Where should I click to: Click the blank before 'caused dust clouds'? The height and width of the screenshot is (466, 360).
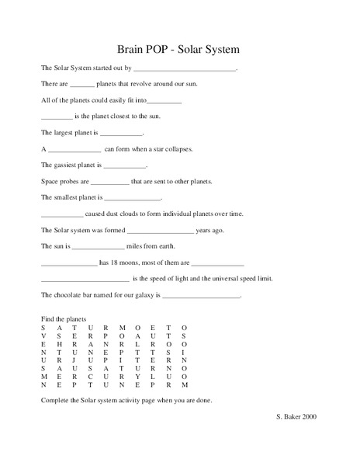coord(61,215)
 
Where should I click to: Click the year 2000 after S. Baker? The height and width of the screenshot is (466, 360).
coord(309,416)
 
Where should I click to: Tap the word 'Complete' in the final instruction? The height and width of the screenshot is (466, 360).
coord(54,400)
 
